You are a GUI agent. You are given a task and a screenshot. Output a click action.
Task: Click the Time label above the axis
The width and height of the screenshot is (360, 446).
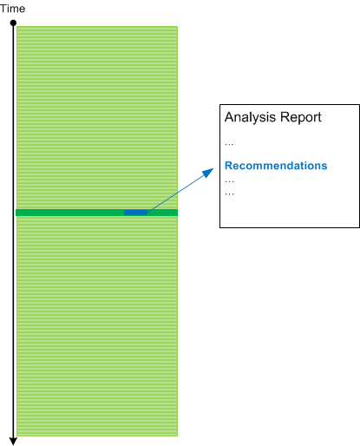12,9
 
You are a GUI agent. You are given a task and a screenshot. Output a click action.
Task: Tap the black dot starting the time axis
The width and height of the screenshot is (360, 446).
13,23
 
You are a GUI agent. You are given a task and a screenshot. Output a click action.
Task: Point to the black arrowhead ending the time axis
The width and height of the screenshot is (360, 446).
13,441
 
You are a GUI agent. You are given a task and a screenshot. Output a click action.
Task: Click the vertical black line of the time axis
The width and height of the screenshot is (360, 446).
13,232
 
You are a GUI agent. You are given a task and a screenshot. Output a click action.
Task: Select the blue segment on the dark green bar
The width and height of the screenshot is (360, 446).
135,213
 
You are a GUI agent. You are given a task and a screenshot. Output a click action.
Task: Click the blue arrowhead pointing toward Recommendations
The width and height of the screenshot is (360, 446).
208,173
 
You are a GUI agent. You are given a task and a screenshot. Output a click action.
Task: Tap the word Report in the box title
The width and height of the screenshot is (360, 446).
301,117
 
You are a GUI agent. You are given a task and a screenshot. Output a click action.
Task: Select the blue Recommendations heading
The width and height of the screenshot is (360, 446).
276,166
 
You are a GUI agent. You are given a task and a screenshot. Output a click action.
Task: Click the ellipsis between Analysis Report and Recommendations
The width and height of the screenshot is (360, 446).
229,144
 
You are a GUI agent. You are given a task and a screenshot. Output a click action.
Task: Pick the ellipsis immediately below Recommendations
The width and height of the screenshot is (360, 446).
229,181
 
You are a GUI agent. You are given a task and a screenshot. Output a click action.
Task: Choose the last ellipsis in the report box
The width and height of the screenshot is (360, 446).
229,194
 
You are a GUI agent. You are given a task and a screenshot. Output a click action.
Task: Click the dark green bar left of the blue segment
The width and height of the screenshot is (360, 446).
69,213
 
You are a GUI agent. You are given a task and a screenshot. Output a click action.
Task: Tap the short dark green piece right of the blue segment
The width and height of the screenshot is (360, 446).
162,213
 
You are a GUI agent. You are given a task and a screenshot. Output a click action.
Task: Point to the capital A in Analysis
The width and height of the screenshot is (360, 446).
229,117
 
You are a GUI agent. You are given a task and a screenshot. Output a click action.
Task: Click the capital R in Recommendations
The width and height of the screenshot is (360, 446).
228,166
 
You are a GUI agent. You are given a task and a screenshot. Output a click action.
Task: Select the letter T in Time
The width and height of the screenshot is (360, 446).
3,9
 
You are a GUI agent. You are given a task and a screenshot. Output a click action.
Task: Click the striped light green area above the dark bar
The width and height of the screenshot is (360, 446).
97,118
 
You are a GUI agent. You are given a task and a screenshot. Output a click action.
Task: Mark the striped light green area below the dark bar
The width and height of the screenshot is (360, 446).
97,326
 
